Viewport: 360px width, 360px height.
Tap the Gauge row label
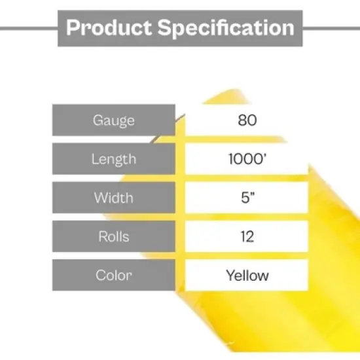pos(114,120)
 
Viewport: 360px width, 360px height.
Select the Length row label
pos(114,159)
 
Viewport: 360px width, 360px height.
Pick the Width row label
pos(114,198)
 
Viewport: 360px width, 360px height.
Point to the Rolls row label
pos(114,236)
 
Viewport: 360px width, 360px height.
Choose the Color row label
pos(114,275)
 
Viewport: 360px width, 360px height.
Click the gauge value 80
pos(247,120)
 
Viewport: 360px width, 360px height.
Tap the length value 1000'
pos(247,159)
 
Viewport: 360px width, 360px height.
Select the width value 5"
pos(247,198)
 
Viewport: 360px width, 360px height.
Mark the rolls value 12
pos(247,236)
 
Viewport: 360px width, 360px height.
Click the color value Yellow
pos(247,275)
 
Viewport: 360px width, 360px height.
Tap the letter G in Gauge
pos(98,120)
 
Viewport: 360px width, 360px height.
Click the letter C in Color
pos(101,275)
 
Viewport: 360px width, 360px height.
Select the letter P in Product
pos(73,28)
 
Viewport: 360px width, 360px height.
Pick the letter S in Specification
pos(164,28)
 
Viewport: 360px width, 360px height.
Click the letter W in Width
pos(100,198)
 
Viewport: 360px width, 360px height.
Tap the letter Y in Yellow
pos(230,275)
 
